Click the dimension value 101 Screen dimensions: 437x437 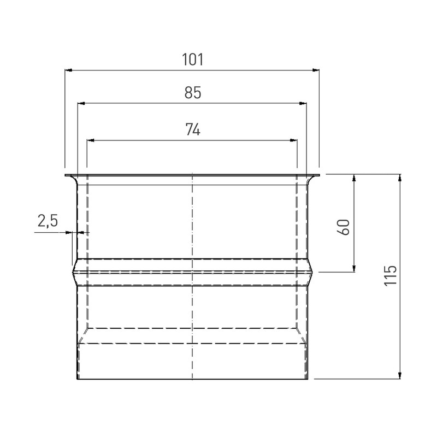coord(192,60)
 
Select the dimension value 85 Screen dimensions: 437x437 coord(192,93)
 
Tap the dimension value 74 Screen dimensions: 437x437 coord(192,130)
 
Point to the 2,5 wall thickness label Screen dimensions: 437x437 coord(47,221)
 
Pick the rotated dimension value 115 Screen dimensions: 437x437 coord(389,276)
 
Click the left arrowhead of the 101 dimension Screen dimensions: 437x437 coord(68,70)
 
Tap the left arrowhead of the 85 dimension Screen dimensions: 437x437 coord(81,103)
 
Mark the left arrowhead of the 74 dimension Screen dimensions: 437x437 coord(91,140)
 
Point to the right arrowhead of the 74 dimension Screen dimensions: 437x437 coord(293,140)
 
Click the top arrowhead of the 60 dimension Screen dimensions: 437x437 coord(355,178)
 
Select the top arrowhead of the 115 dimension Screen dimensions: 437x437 coord(400,178)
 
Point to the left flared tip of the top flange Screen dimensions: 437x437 coord(67,175)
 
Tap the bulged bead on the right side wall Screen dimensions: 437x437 coord(311,271)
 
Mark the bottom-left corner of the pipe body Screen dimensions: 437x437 coord(77,379)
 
